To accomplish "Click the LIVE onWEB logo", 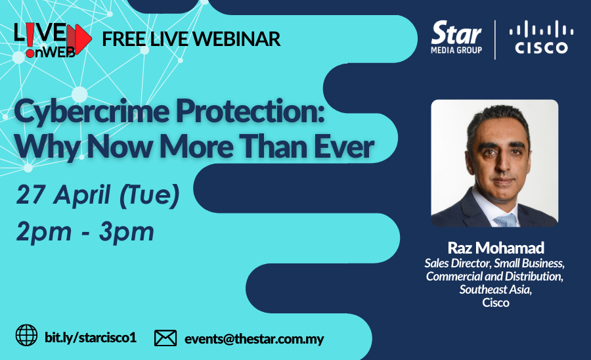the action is coord(53,39).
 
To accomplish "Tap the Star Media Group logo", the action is coord(456,37).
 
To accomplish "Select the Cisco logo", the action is coord(541,37).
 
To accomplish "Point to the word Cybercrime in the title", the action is coord(92,112).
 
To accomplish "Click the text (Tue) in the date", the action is coord(149,196).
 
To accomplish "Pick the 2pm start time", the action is coord(44,232).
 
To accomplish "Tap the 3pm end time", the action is coord(127,232).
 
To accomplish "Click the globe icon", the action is coord(26,335).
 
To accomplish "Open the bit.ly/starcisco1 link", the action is coord(91,337).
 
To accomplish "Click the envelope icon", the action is coord(165,338).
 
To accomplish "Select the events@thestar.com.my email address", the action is coord(254,339).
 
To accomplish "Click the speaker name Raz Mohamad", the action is coord(496,248).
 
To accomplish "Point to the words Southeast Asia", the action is coord(495,290).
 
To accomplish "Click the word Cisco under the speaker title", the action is coord(496,303).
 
